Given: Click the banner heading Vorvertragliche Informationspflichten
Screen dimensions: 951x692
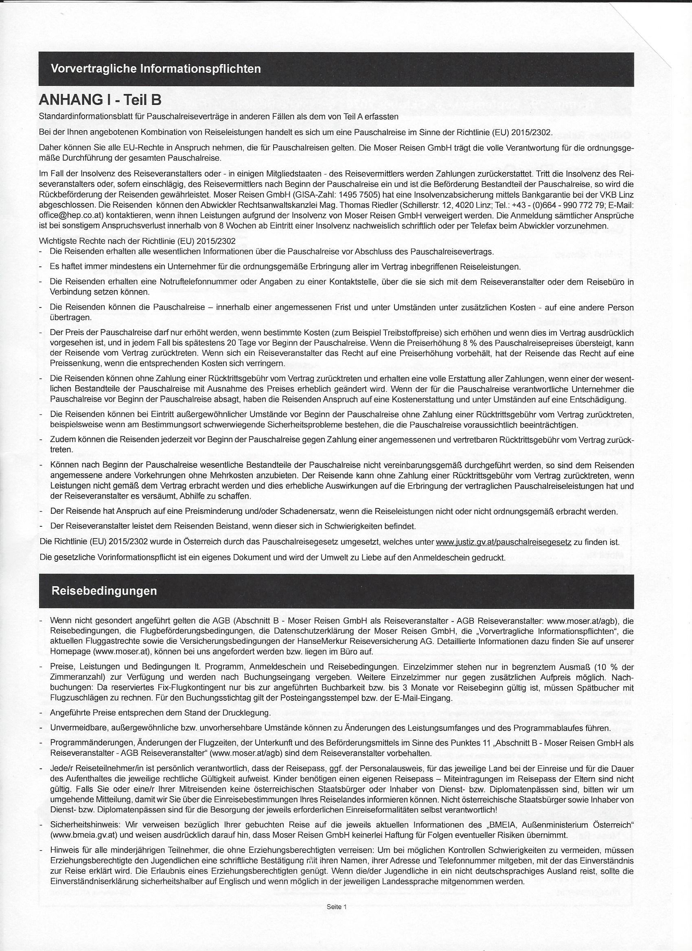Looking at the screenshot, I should (x=155, y=69).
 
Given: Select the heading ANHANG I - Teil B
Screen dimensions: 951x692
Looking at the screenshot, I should (x=100, y=100).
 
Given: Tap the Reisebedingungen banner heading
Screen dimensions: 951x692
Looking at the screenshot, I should (x=104, y=591).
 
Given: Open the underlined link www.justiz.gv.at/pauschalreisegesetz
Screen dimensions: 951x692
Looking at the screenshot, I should (x=504, y=542).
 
